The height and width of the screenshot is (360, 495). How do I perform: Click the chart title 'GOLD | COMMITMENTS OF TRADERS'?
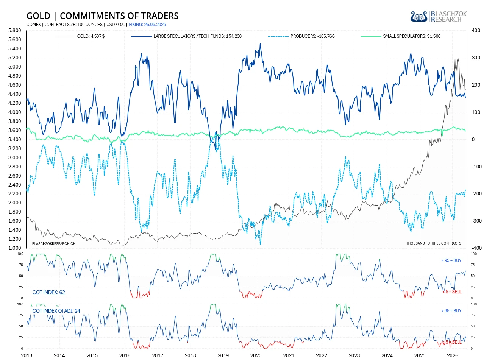pyautogui.click(x=102, y=16)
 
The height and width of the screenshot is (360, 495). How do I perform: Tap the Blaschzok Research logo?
pyautogui.click(x=439, y=17)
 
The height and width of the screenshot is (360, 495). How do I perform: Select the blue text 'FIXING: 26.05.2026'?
pyautogui.click(x=147, y=25)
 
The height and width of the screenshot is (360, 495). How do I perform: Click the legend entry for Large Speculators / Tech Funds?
pyautogui.click(x=186, y=36)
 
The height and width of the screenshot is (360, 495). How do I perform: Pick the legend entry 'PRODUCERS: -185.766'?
pyautogui.click(x=301, y=36)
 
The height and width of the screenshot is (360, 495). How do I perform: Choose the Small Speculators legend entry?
pyautogui.click(x=400, y=36)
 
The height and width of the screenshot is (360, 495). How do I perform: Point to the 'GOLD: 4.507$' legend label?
pyautogui.click(x=91, y=36)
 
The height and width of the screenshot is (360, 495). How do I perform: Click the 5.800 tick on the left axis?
pyautogui.click(x=15, y=31)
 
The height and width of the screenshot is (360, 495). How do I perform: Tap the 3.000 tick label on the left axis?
pyautogui.click(x=15, y=157)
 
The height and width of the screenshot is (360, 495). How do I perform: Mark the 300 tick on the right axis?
pyautogui.click(x=476, y=58)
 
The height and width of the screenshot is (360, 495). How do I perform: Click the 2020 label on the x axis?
pyautogui.click(x=256, y=355)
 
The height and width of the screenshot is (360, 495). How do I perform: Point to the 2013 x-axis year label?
pyautogui.click(x=27, y=355)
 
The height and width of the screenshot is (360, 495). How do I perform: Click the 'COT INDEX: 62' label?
pyautogui.click(x=48, y=292)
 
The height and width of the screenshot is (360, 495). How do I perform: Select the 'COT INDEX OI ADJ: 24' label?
pyautogui.click(x=56, y=311)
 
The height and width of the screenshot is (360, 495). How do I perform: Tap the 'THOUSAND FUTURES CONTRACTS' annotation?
pyautogui.click(x=434, y=243)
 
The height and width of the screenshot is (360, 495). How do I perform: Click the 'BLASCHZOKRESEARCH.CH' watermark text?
pyautogui.click(x=54, y=244)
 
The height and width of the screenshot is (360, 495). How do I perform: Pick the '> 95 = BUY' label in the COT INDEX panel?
pyautogui.click(x=451, y=260)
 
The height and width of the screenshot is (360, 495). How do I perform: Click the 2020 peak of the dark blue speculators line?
pyautogui.click(x=260, y=44)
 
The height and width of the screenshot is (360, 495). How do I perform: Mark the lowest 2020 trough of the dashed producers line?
pyautogui.click(x=260, y=244)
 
